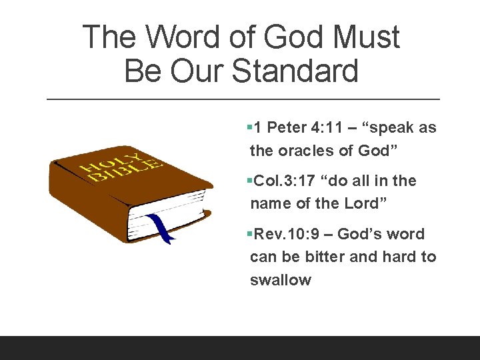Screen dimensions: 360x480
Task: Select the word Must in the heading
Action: [x=366, y=37]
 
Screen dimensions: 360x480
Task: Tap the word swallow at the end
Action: [x=280, y=280]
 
